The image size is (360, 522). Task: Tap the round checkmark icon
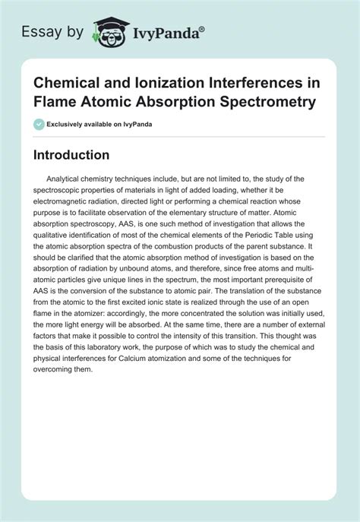pos(38,124)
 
